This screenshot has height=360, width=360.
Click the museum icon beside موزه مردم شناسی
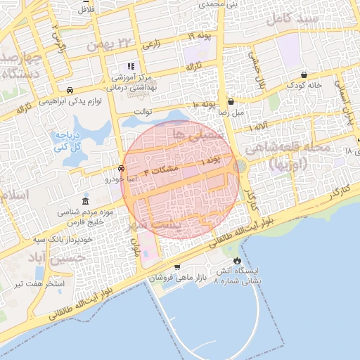[86, 202]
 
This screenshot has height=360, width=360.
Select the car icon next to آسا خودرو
[121, 169]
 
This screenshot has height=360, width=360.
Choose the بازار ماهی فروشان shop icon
[177, 267]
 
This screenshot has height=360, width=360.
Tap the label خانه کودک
[303, 85]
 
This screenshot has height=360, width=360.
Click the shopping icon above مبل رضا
[230, 102]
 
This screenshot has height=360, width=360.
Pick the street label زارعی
[151, 44]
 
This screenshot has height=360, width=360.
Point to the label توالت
[143, 111]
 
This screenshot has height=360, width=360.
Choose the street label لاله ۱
[259, 125]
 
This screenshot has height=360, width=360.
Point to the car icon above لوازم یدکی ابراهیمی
[70, 90]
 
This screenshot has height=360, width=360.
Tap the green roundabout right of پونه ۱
[240, 166]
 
